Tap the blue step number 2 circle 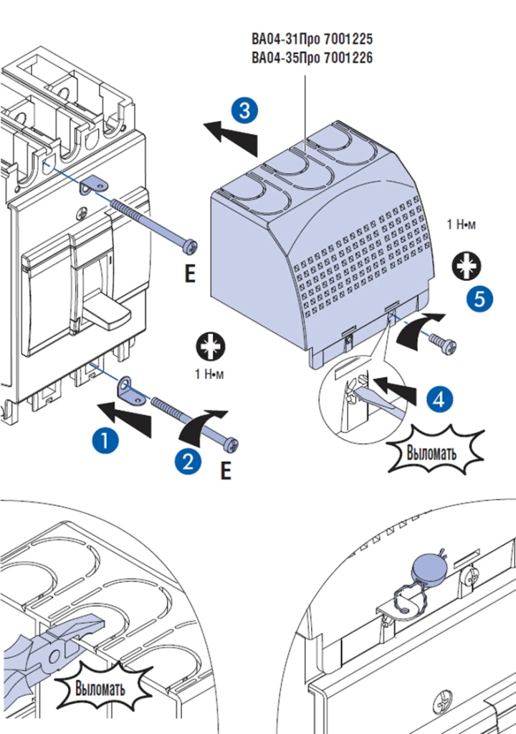tap(187, 462)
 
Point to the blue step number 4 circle tap(440, 399)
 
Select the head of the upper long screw tap(191, 247)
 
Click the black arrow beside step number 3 tap(231, 136)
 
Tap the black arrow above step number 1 tap(126, 418)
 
